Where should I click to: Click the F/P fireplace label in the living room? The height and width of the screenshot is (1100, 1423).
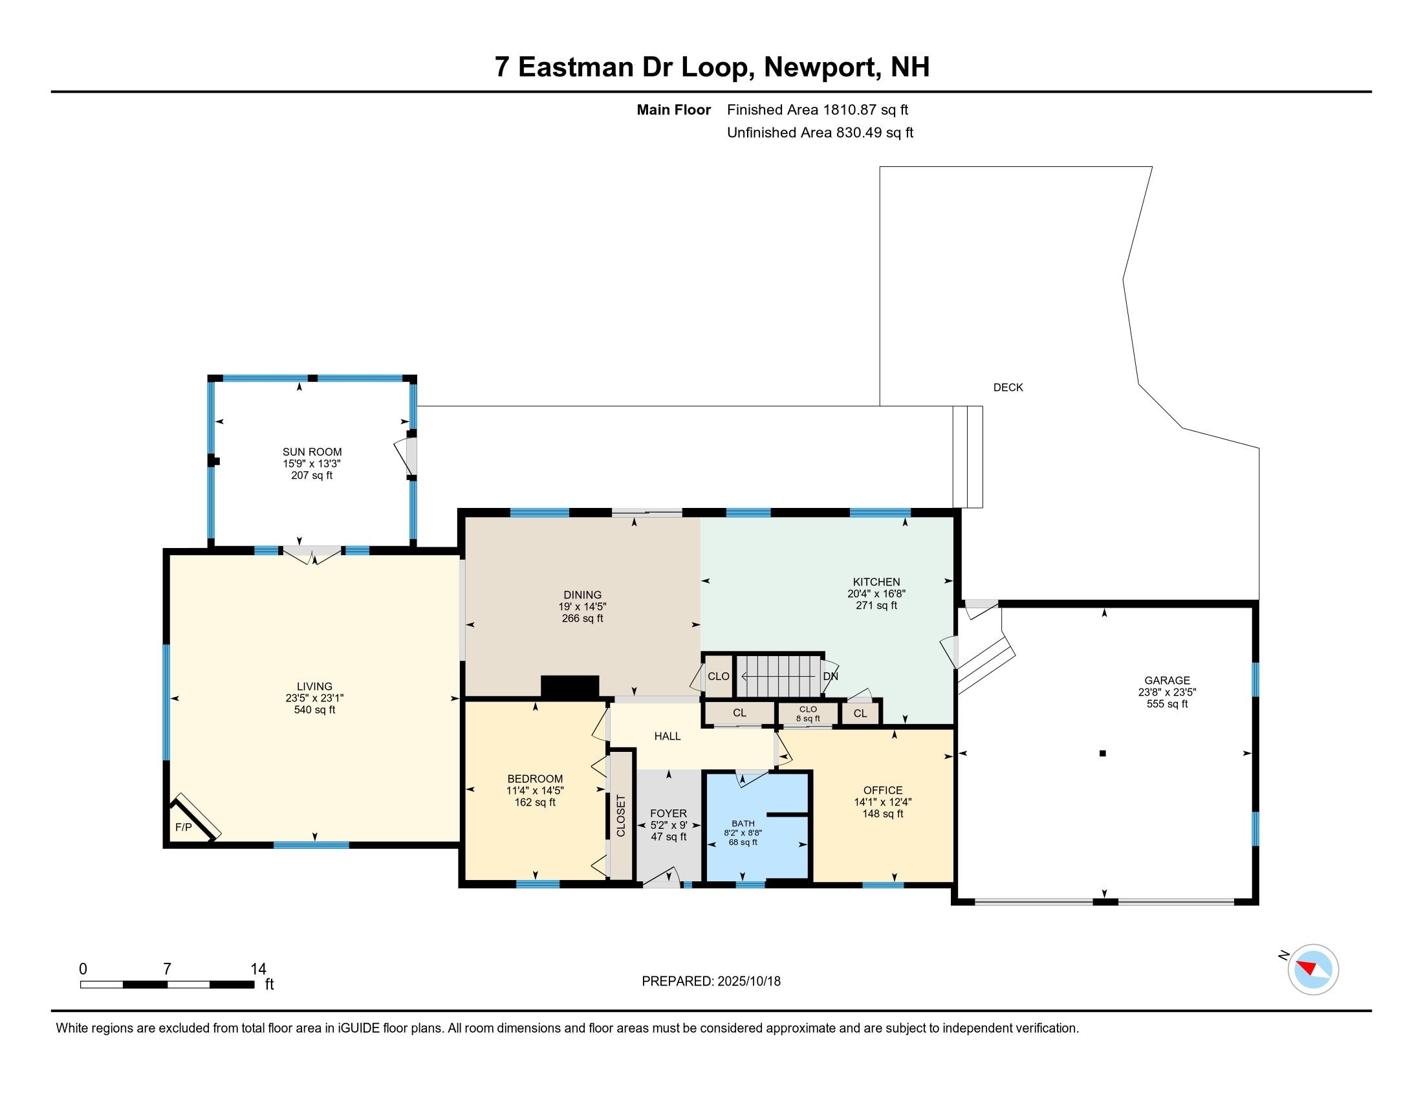pos(184,828)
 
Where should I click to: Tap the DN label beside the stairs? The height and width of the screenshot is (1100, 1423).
pos(830,676)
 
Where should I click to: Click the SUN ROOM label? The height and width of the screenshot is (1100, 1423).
pos(312,452)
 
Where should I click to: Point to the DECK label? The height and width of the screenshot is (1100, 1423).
pos(1008,387)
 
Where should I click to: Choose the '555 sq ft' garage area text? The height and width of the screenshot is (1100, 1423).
pos(1167,704)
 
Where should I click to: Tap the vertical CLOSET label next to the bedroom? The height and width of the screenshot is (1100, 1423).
pos(621,815)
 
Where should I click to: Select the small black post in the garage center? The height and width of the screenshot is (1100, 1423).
pos(1102,753)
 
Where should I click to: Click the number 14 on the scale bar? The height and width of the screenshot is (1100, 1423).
pos(258,969)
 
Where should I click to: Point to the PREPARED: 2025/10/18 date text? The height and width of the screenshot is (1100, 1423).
pos(711,982)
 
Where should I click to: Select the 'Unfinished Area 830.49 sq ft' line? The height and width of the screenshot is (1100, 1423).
pos(820,132)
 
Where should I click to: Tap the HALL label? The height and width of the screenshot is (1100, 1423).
pos(668,736)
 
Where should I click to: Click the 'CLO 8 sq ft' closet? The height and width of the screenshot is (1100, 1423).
pos(808,714)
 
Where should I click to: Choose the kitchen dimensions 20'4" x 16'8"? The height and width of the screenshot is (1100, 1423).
pos(876,593)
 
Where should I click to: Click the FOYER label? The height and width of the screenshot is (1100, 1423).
pos(669,813)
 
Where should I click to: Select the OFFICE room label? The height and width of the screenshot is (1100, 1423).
pos(883,790)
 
